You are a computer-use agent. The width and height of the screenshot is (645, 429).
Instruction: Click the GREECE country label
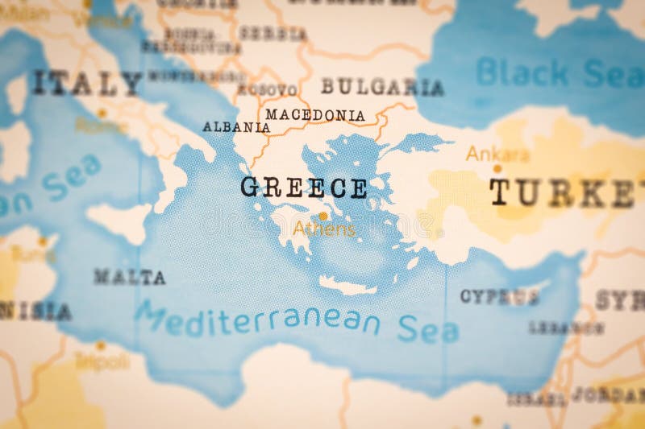click(304, 188)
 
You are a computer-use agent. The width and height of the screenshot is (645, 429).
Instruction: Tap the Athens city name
click(324, 229)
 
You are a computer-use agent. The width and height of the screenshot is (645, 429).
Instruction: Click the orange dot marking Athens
click(323, 216)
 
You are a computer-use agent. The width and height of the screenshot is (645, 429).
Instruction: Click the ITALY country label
click(86, 83)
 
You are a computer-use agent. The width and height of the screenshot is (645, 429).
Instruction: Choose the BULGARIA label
click(382, 87)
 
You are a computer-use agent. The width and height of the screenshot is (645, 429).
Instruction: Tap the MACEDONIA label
click(314, 115)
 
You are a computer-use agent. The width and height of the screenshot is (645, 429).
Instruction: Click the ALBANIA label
click(236, 127)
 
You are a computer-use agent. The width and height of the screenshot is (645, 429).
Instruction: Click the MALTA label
click(129, 277)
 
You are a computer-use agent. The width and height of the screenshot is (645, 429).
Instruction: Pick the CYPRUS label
click(499, 296)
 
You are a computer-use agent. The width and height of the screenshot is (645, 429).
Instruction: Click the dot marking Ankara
click(497, 168)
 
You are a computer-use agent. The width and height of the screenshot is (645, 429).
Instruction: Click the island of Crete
click(347, 286)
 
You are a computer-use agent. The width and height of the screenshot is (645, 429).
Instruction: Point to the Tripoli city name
click(102, 361)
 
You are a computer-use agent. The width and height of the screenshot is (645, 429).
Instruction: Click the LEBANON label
click(566, 328)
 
